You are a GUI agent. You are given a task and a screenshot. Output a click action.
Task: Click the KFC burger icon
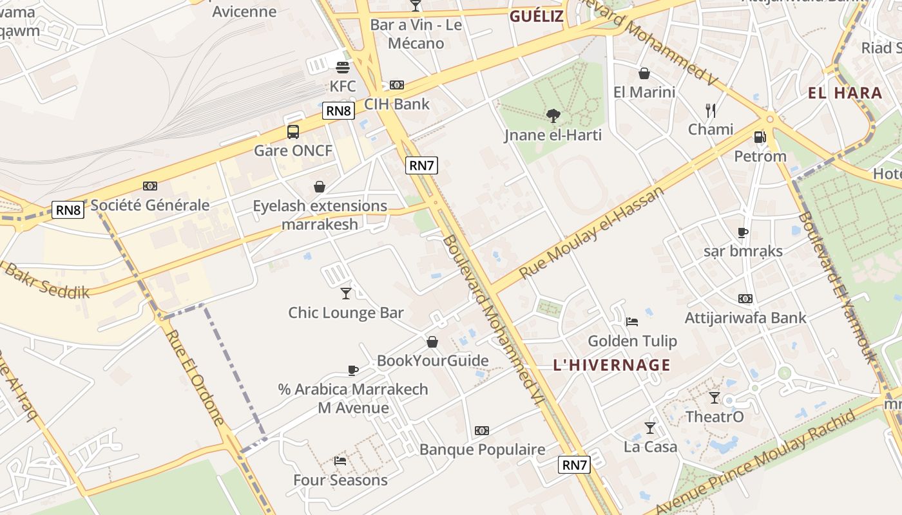click(342, 68)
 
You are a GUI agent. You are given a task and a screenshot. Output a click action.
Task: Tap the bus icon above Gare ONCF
click(293, 132)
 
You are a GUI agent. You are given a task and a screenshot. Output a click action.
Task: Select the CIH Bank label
click(397, 104)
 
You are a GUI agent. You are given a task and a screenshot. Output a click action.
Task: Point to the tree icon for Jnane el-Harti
click(553, 116)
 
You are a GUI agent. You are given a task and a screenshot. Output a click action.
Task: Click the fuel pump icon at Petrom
click(760, 136)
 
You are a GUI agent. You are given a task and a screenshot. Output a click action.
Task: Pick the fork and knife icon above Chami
click(711, 111)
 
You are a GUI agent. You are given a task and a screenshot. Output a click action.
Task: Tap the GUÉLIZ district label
click(536, 16)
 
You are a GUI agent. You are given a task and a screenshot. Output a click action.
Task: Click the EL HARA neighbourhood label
click(845, 93)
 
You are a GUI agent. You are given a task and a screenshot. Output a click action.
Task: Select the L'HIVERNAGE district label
click(611, 365)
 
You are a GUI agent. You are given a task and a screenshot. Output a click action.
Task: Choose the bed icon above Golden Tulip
click(632, 321)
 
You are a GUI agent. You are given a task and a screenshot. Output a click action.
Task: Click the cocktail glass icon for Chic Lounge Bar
click(346, 294)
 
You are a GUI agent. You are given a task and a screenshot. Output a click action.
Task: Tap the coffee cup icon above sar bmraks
click(743, 232)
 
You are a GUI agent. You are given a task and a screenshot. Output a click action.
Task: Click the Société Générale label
click(150, 205)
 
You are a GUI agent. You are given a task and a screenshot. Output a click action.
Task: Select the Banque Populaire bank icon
click(482, 430)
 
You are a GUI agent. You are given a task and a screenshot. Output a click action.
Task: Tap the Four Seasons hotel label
click(340, 480)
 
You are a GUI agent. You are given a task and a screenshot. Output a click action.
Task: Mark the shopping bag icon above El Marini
click(644, 73)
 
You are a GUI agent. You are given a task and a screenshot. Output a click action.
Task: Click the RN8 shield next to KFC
click(339, 111)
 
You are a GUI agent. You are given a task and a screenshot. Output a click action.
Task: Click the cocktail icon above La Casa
click(649, 427)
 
